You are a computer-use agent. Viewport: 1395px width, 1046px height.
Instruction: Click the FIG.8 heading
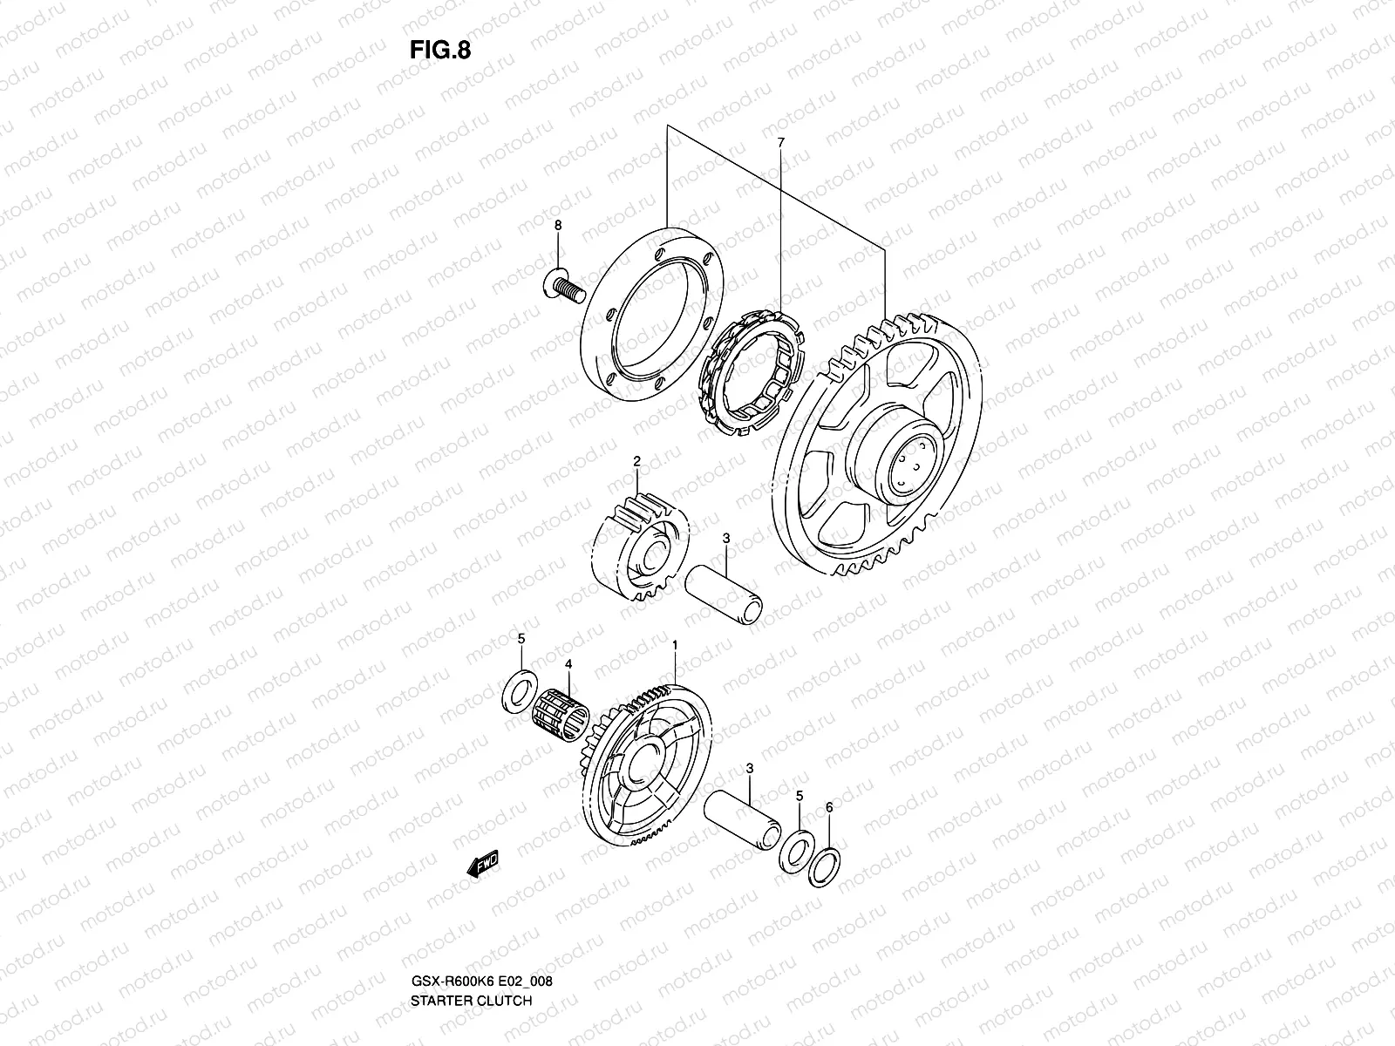coord(439,50)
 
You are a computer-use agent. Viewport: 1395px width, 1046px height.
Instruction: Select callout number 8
coord(559,225)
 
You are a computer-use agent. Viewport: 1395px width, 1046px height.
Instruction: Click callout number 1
coord(674,644)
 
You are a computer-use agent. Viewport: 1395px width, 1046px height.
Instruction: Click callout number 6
coord(828,808)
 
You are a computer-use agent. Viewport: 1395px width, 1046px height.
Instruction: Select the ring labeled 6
coord(824,866)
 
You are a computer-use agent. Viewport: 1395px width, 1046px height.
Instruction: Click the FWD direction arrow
coord(482,864)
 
